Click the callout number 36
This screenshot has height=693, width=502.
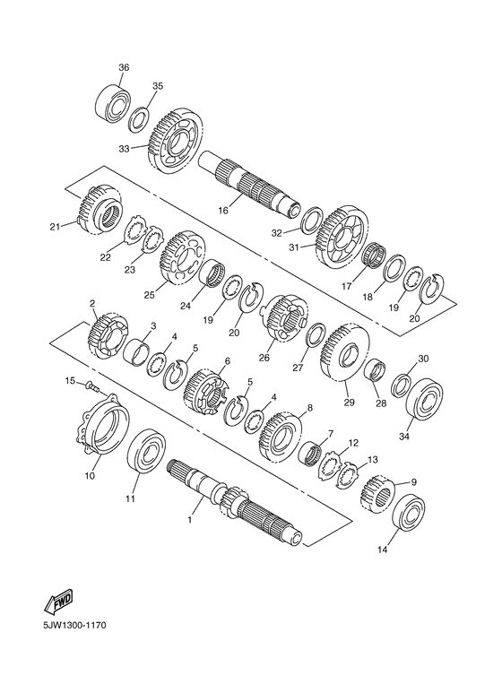pos(124,67)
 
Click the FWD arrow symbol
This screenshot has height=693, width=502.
pos(57,600)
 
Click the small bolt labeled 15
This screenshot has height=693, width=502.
pos(91,387)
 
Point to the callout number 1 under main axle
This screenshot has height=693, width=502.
pos(189,518)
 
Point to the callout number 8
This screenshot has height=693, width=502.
pos(309,407)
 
